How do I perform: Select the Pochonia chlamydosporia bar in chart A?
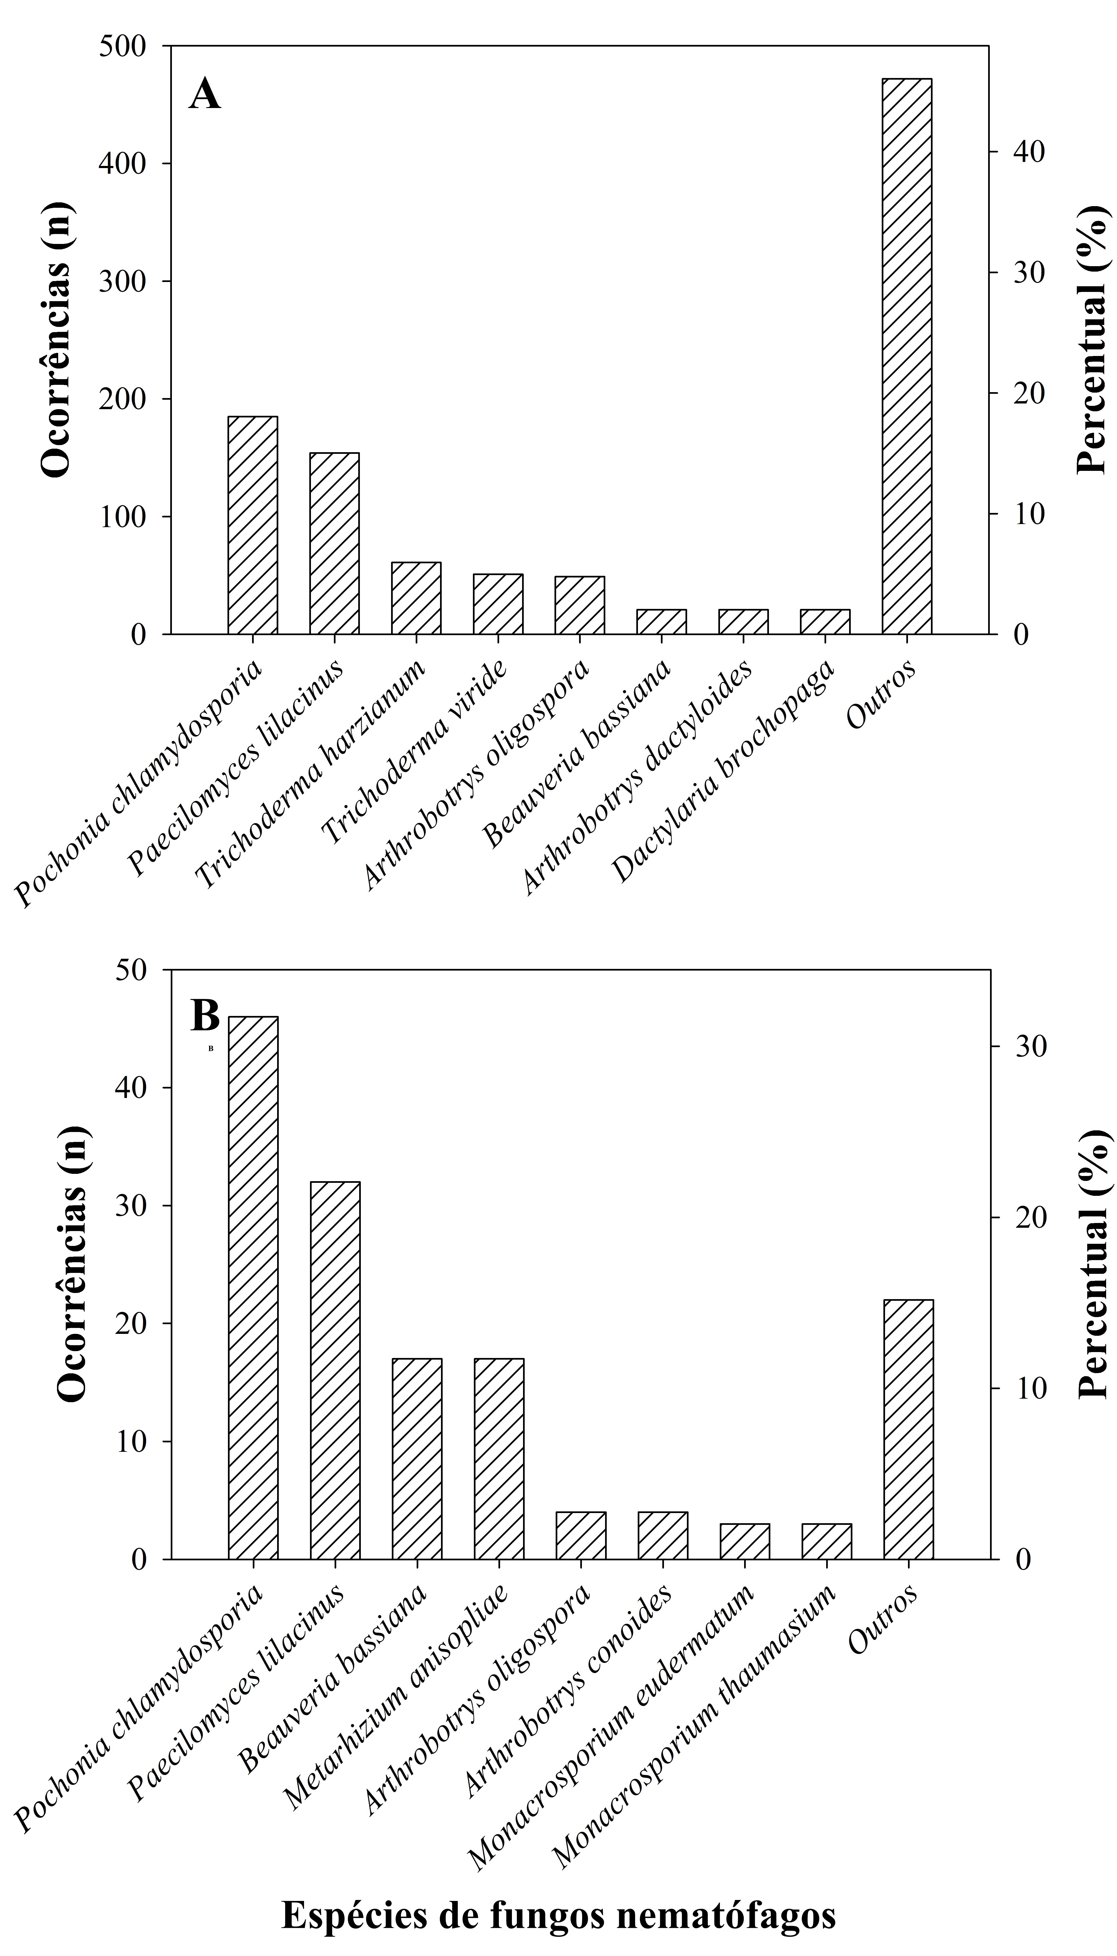(252, 525)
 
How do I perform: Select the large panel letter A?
(205, 95)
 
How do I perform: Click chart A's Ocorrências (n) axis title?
(55, 340)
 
